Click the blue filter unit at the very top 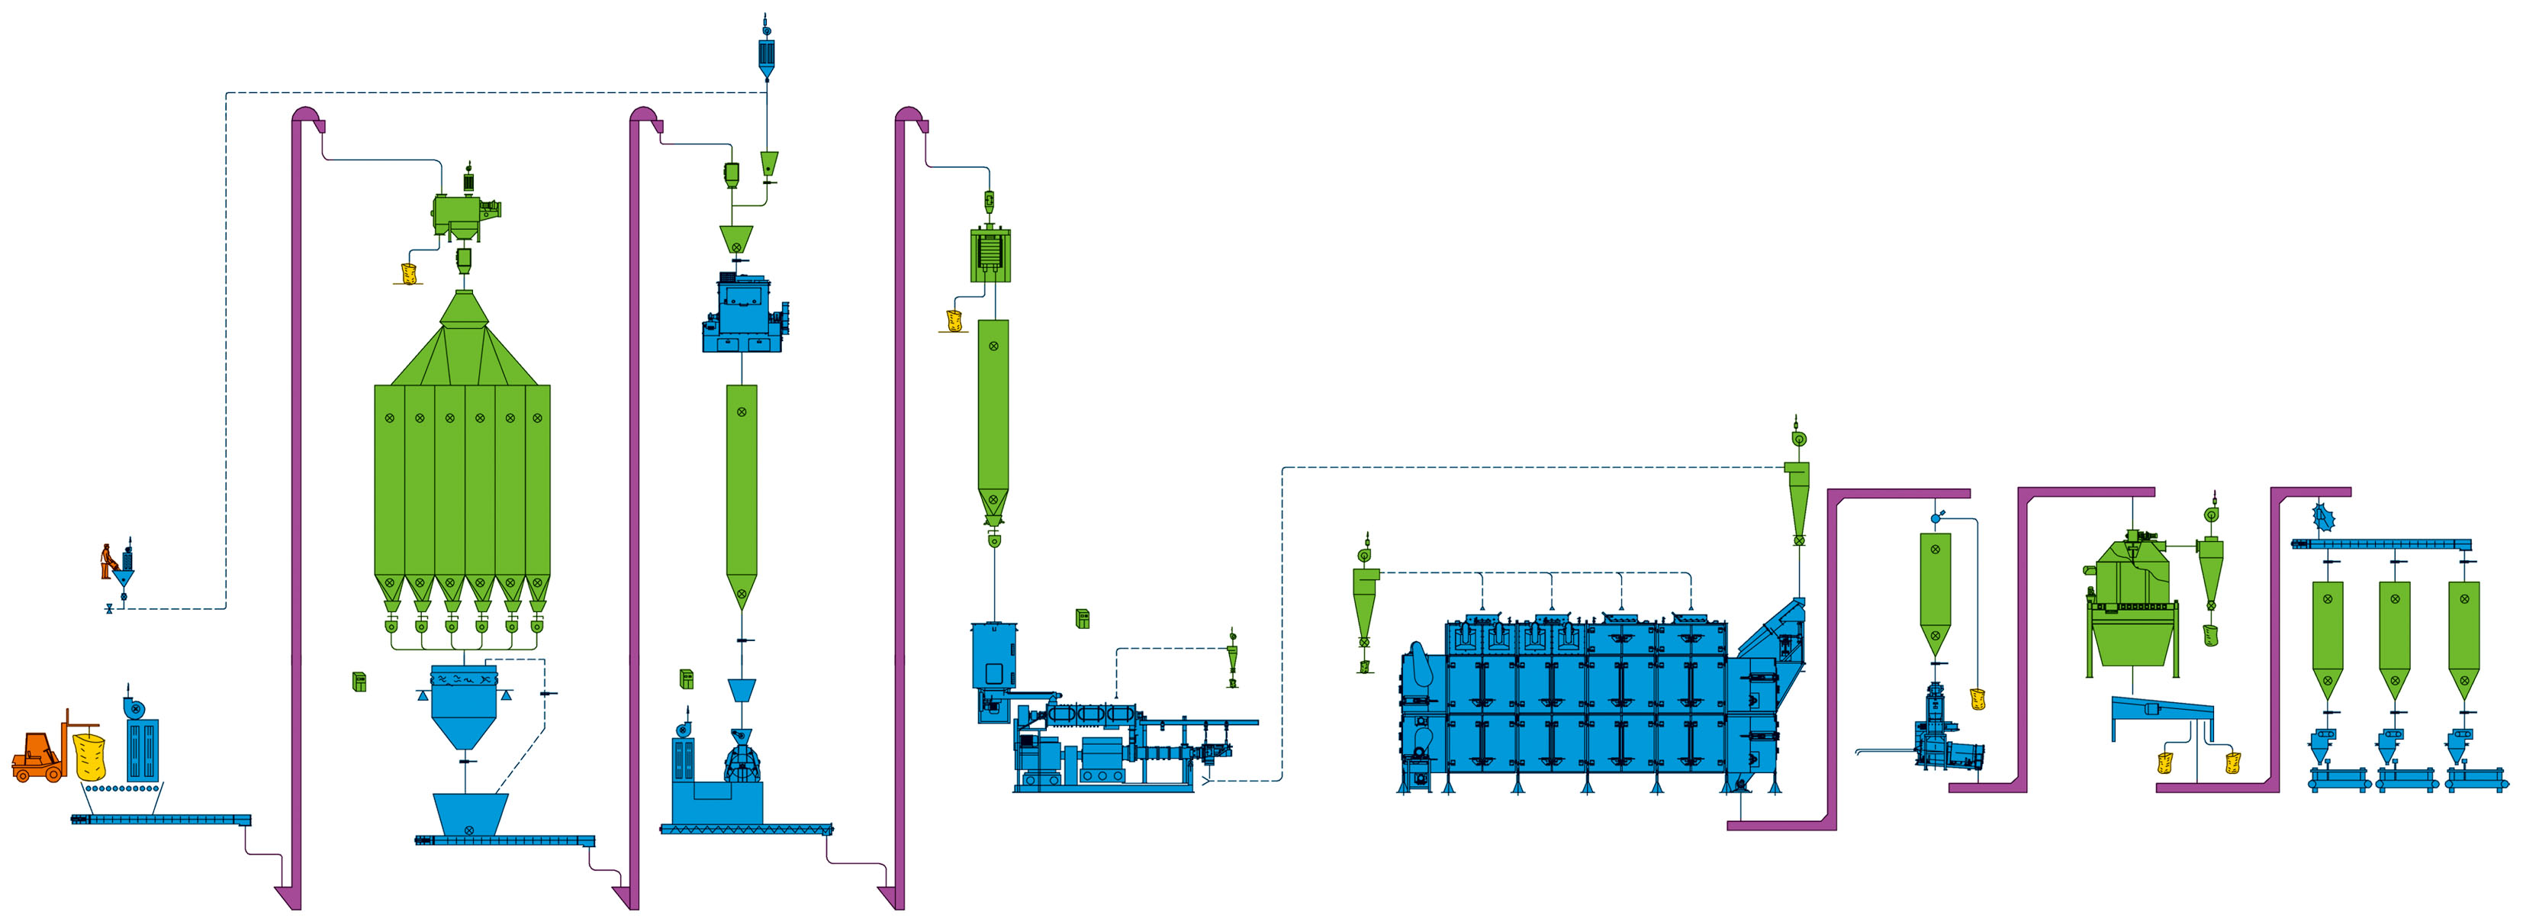coord(767,54)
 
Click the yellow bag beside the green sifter coord(408,272)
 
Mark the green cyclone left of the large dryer coord(1364,608)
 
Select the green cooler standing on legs coord(2132,608)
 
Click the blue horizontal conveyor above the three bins coord(2380,545)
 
